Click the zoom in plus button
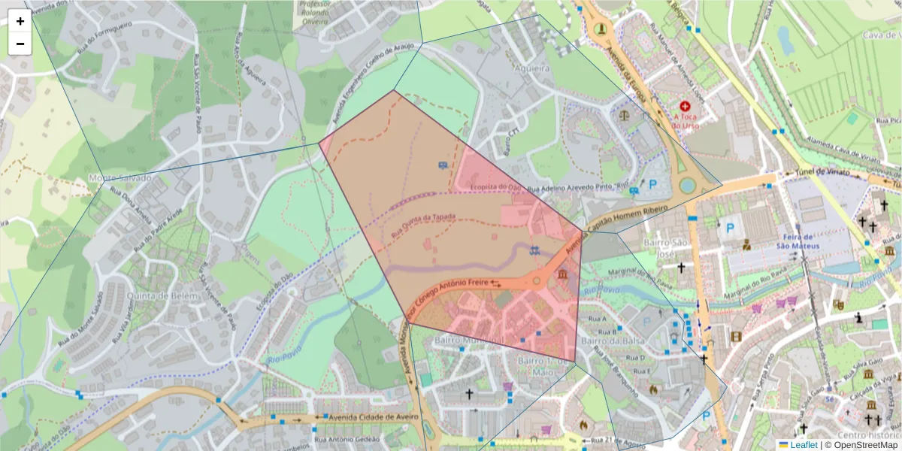click(x=20, y=21)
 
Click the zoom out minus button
click(x=20, y=44)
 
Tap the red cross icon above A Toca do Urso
click(x=684, y=107)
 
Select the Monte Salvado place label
click(x=120, y=178)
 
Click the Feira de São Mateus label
click(x=815, y=241)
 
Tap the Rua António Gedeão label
click(x=347, y=440)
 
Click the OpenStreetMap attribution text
click(x=866, y=445)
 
